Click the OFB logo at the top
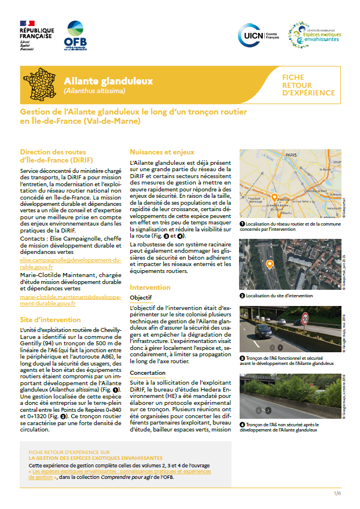pyautogui.click(x=76, y=36)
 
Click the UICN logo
pyautogui.click(x=258, y=35)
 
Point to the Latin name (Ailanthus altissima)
pyautogui.click(x=94, y=91)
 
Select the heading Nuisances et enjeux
pyautogui.click(x=161, y=153)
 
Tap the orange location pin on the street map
pyautogui.click(x=274, y=198)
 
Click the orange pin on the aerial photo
pyautogui.click(x=269, y=264)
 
